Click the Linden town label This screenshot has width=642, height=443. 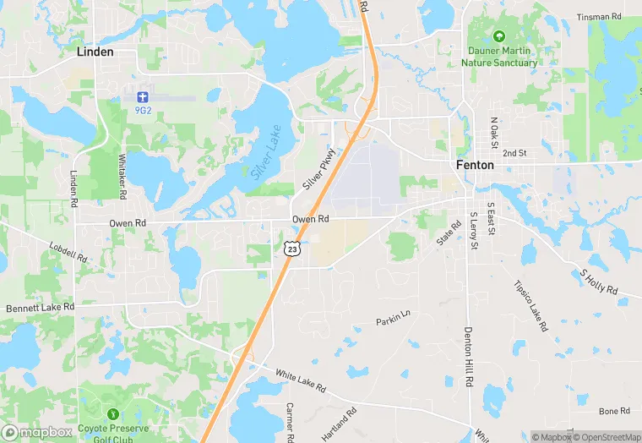95,52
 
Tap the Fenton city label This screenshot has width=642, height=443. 475,166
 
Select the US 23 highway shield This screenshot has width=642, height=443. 291,248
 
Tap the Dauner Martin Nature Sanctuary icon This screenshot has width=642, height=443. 498,36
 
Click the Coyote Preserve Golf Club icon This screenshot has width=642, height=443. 112,414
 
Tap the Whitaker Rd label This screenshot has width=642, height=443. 123,177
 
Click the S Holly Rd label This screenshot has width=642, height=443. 598,283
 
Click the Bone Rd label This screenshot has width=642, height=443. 614,411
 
